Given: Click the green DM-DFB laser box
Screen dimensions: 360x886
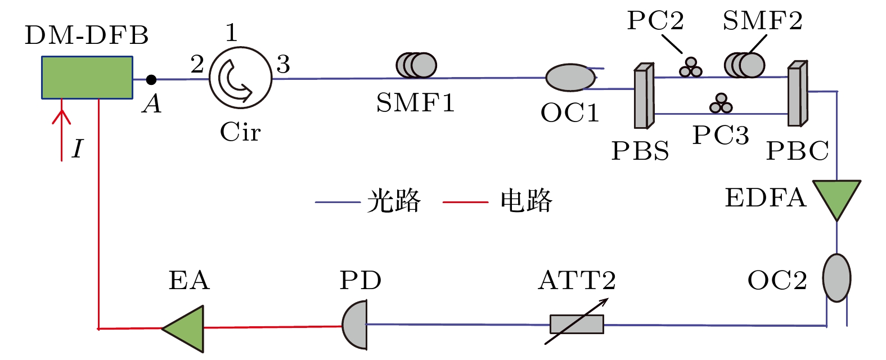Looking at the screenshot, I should click(x=87, y=77).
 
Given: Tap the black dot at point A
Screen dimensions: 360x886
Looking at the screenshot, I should click(x=151, y=80).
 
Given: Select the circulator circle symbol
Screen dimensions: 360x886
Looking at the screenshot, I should click(x=240, y=79).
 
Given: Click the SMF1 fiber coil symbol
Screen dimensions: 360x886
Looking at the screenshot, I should click(x=416, y=65).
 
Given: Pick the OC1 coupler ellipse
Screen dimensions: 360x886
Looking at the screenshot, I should click(x=570, y=78).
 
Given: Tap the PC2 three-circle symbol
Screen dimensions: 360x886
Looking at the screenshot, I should click(x=690, y=67).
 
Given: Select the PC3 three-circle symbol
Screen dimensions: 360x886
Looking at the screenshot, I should click(x=721, y=103).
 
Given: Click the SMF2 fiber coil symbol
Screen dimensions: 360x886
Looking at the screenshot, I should click(x=744, y=65).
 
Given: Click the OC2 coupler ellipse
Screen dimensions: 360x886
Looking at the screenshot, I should click(x=836, y=278).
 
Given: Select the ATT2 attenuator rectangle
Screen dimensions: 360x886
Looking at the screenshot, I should click(x=577, y=325).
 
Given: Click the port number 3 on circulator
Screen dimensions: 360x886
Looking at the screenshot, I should click(x=283, y=65).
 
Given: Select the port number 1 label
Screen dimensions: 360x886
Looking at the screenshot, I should click(x=231, y=33).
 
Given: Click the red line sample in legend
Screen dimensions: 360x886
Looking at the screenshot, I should click(x=465, y=201).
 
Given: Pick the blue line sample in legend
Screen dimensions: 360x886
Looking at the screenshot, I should click(x=338, y=201).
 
